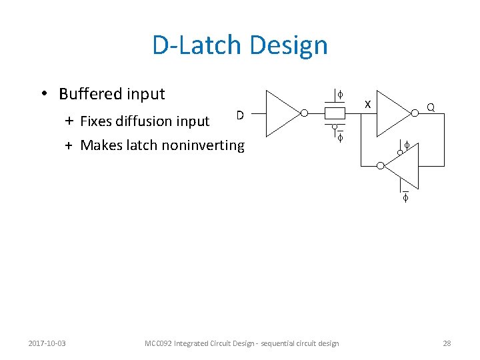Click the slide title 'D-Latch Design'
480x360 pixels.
point(240,45)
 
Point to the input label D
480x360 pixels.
point(240,115)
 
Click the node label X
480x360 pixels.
point(367,105)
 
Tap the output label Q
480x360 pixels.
point(431,107)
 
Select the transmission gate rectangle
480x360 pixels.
point(335,113)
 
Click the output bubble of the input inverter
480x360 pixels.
point(304,113)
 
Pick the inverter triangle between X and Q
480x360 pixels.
point(393,113)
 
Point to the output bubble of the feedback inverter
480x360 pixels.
point(379,165)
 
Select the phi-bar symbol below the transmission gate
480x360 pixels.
point(339,138)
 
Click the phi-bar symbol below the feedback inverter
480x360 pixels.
point(405,197)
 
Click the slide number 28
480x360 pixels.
point(447,343)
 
